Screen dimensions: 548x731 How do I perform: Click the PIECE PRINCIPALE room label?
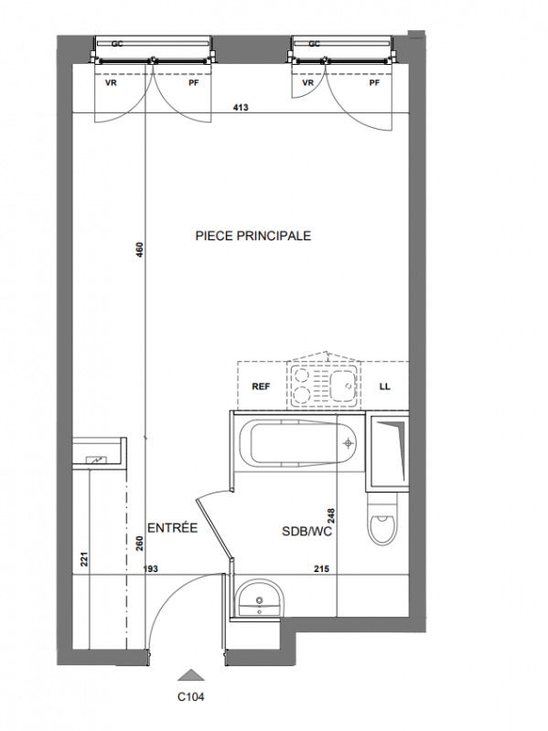point(253,236)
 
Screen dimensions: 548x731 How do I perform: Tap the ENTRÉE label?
point(172,528)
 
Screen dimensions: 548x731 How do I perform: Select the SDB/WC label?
point(306,531)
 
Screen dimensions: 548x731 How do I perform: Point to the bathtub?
point(298,443)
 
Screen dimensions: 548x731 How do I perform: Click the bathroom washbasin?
point(260,599)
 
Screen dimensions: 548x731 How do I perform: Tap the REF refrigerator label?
point(261,387)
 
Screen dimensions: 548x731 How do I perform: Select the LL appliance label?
point(384,387)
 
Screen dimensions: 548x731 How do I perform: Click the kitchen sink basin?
point(343,385)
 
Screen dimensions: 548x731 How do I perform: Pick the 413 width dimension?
point(241,107)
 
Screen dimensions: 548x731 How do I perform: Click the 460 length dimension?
point(140,249)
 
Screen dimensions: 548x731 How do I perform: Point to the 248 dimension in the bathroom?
point(331,515)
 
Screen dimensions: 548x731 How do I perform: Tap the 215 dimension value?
point(322,568)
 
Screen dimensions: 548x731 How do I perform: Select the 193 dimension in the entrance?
point(150,568)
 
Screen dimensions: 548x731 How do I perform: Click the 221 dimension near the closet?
point(84,559)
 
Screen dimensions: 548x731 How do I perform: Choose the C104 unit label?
point(191,697)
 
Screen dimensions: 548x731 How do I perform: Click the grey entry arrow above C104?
point(191,674)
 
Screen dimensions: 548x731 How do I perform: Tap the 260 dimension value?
point(140,544)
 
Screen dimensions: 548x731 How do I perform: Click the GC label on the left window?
point(117,44)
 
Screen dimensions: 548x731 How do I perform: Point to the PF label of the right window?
point(374,83)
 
